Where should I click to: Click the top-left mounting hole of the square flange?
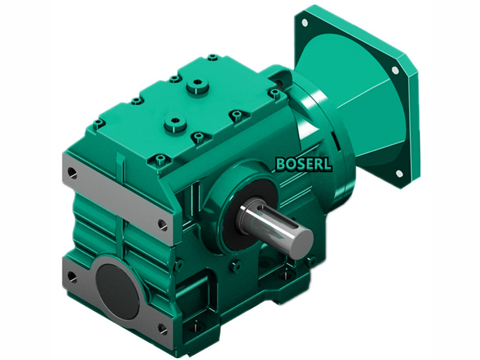(305, 23)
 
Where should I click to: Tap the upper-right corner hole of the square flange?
(395, 70)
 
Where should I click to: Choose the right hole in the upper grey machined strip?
(161, 224)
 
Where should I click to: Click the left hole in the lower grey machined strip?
(72, 277)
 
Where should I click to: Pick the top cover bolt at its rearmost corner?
(213, 58)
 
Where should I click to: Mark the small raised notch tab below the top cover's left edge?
(121, 160)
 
